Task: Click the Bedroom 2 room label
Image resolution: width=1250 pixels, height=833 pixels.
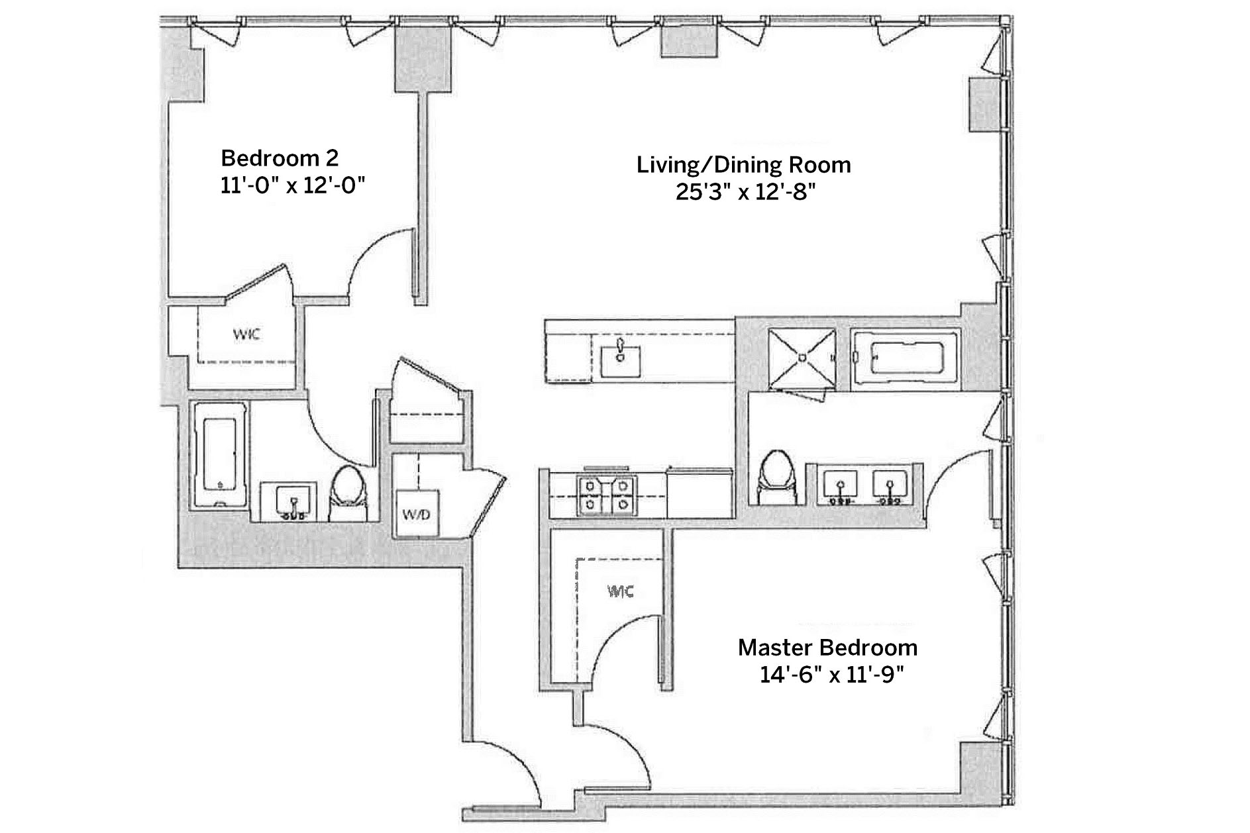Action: pos(280,158)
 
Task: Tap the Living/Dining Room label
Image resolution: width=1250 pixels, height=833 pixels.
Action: pos(744,164)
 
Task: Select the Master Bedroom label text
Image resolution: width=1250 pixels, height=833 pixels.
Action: pos(828,647)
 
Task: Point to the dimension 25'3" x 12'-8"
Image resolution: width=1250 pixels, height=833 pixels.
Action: pos(745,192)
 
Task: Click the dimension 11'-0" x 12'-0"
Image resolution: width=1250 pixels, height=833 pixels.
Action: pos(293,185)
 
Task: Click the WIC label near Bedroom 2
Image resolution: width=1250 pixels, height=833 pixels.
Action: pos(246,334)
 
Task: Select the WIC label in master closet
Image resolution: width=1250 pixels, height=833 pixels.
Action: pos(621,591)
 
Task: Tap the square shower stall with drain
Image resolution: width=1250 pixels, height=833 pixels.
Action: pos(802,358)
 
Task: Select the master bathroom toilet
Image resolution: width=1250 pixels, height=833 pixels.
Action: pos(776,478)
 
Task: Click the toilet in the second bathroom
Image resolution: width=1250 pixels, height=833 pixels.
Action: pos(348,493)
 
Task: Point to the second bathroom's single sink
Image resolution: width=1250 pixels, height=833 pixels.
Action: pos(291,501)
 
